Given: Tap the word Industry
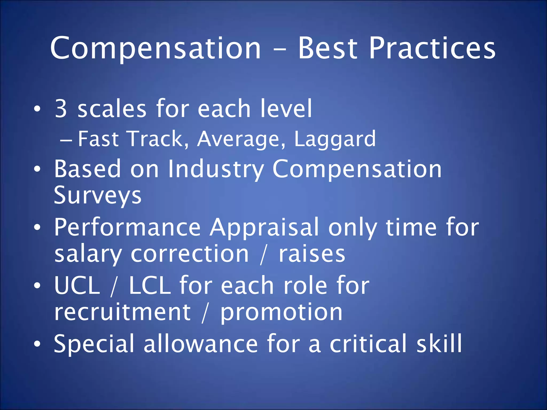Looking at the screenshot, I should point(216,169).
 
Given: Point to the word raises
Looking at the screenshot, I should point(312,254).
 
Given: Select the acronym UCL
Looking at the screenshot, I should point(77,286).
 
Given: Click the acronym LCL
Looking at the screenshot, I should point(150,286).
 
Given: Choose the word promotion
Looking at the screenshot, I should point(281,313).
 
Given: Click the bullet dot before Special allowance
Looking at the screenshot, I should point(37,344).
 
